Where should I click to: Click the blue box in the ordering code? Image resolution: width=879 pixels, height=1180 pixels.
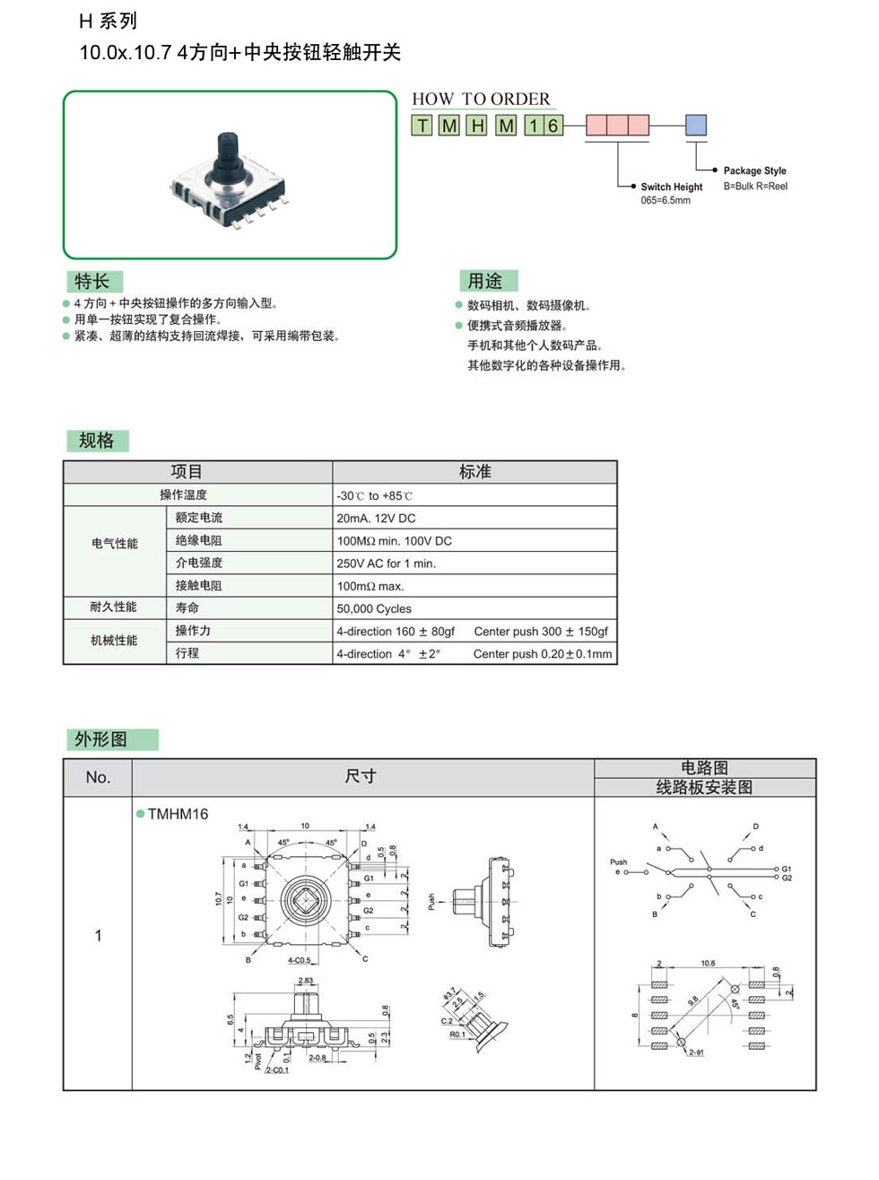tap(696, 125)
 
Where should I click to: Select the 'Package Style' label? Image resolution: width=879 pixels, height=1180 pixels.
tap(754, 170)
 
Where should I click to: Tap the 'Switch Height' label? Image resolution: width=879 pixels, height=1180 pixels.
tap(671, 187)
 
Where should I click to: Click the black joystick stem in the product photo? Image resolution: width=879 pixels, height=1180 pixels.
tap(227, 149)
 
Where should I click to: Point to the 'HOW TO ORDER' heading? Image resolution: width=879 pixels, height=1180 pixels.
tap(481, 99)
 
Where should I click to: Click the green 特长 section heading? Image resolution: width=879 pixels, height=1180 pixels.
tap(92, 281)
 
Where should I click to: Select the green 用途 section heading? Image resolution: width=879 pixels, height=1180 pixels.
tap(485, 281)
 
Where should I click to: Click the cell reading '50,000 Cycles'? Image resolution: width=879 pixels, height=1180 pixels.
tap(374, 608)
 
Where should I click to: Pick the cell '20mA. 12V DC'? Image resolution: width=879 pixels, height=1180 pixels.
tap(376, 518)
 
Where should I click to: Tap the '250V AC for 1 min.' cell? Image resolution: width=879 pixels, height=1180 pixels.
tap(386, 564)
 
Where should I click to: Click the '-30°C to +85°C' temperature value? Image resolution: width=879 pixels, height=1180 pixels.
tap(374, 495)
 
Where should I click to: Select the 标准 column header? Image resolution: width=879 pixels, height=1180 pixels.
tap(474, 472)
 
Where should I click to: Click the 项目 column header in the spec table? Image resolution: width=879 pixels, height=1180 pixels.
tap(187, 472)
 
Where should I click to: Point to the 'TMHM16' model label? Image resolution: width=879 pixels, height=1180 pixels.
tap(178, 814)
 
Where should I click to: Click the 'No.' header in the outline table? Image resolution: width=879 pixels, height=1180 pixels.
tap(98, 777)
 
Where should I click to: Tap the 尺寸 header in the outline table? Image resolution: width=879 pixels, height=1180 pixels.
tap(361, 776)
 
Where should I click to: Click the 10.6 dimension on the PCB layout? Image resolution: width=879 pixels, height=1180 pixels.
tap(708, 964)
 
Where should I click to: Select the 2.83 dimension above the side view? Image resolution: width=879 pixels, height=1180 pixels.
tap(305, 981)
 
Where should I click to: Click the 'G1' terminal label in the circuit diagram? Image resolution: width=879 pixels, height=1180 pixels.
tap(787, 869)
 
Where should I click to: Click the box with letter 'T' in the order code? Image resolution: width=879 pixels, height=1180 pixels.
tap(422, 126)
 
